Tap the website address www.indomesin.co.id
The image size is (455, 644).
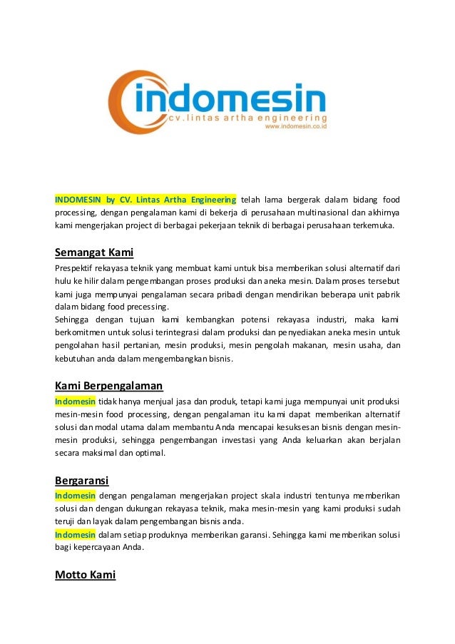295,127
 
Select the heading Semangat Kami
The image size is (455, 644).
94,252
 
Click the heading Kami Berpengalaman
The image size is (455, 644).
108,386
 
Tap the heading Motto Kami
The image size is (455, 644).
85,574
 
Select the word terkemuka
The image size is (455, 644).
380,226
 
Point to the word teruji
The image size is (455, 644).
66,521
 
